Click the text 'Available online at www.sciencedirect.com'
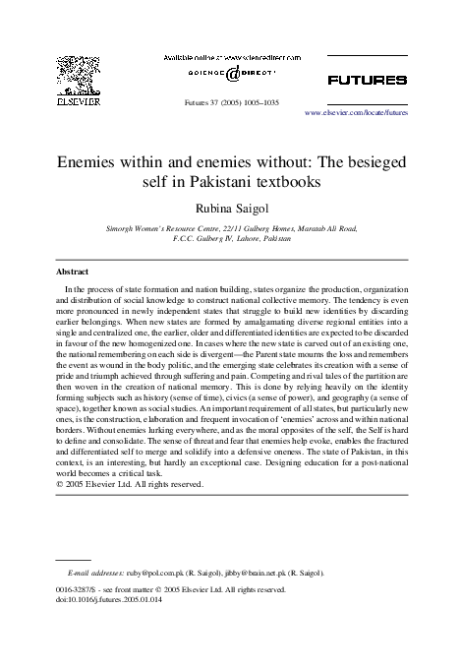point(229,57)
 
